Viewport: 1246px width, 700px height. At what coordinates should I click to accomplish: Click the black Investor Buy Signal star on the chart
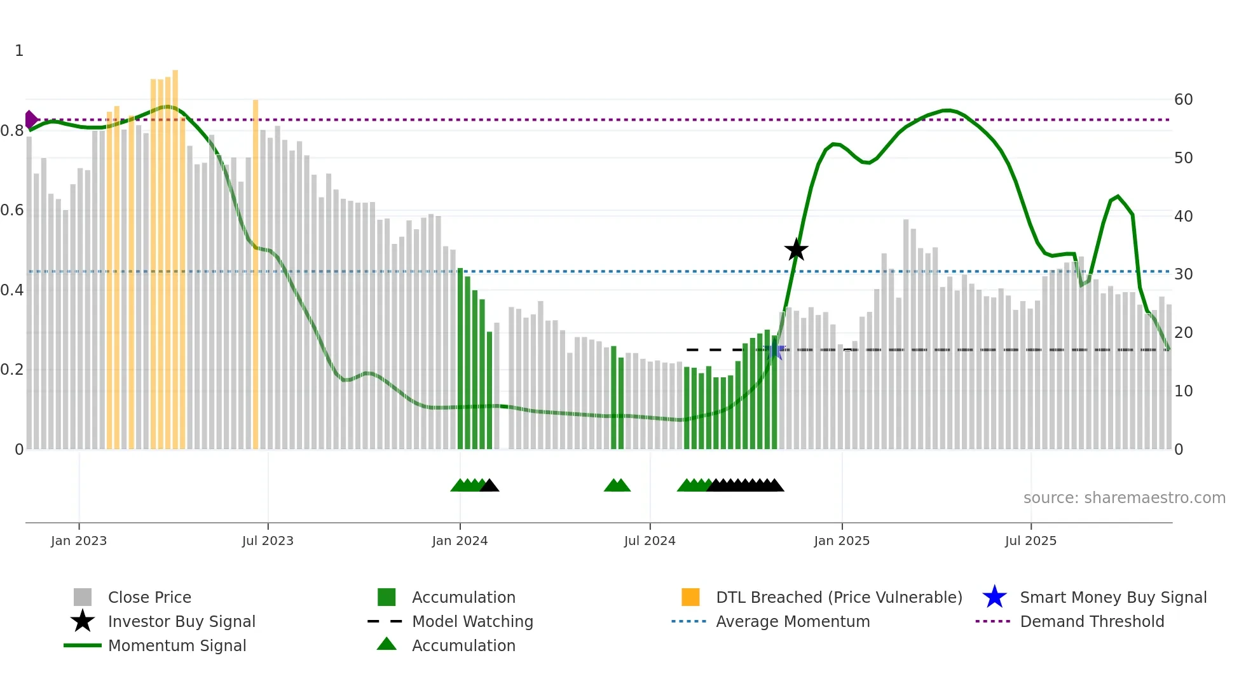[796, 250]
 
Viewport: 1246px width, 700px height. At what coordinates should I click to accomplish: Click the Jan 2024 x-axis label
[460, 541]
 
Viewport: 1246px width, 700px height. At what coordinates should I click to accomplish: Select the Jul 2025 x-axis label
[1030, 541]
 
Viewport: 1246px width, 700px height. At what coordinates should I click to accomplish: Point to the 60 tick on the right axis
[1183, 100]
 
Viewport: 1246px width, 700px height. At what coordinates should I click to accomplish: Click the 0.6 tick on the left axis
[12, 210]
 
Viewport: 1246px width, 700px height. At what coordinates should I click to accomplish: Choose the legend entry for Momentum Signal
[177, 645]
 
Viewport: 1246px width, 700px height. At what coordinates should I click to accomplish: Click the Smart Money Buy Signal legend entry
[1112, 597]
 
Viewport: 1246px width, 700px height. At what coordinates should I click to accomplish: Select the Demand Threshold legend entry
[1092, 621]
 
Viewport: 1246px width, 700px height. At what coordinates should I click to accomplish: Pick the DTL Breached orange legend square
[690, 597]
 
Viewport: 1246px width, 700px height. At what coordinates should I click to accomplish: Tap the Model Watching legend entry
[472, 621]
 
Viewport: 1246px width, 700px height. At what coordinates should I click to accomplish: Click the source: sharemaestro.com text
[1124, 498]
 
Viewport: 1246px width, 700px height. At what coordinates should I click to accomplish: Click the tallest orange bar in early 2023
[175, 254]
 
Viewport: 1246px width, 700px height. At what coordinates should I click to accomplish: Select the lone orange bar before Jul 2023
[256, 273]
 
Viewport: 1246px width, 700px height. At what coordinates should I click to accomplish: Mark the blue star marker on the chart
[774, 350]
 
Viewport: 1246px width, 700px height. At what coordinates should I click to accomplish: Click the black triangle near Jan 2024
[489, 486]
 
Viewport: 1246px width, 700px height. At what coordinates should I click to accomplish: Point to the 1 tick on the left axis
[19, 51]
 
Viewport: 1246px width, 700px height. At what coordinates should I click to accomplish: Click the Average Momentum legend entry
[792, 621]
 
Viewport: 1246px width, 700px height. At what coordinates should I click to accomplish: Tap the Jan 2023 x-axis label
[79, 541]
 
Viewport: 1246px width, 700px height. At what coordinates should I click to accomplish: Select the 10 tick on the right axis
[1183, 391]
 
